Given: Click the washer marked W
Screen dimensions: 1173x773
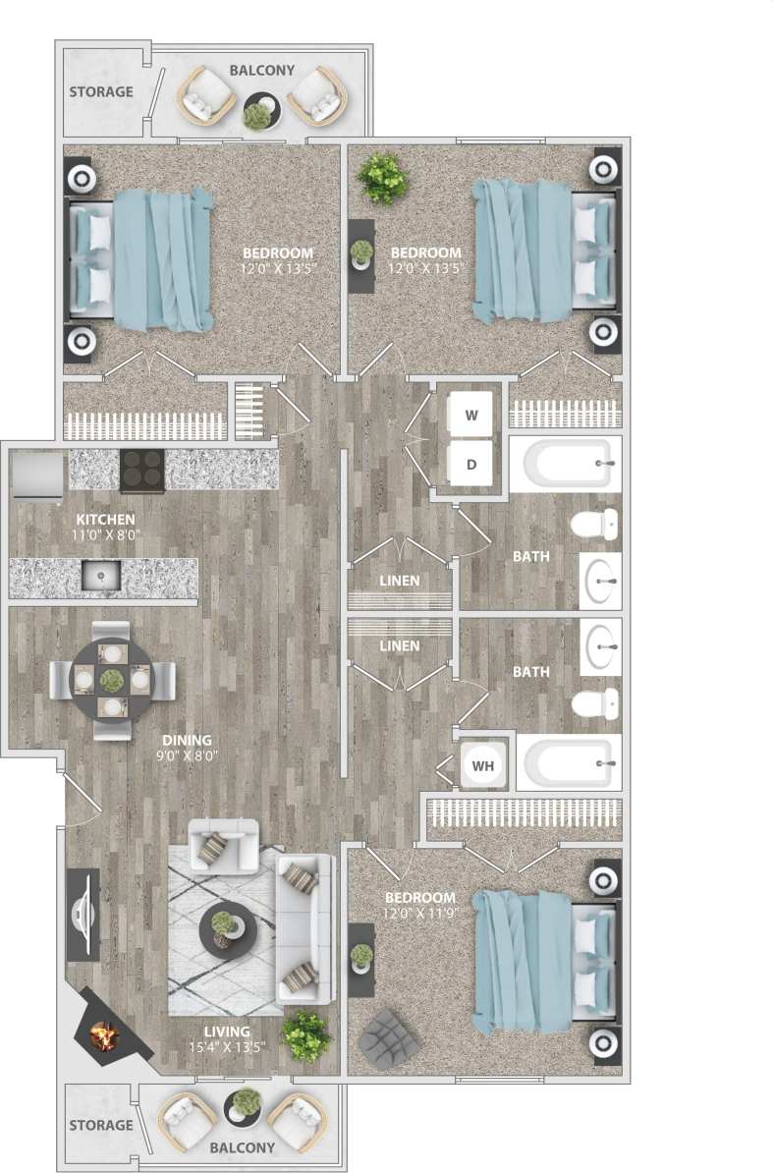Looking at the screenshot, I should tap(471, 416).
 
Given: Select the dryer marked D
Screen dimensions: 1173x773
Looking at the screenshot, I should tap(471, 464).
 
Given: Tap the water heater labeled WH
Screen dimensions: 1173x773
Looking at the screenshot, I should tap(483, 763).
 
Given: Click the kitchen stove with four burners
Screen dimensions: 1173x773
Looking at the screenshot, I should tap(141, 470).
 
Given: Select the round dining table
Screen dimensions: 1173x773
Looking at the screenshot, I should tap(113, 679).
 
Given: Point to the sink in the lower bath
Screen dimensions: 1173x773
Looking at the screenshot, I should tap(599, 646).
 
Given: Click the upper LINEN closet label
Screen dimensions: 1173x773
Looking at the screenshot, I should tap(400, 581).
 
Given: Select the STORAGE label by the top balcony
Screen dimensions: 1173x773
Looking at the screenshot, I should tap(101, 91).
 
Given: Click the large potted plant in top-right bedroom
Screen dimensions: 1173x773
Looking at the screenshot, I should tap(382, 177).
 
